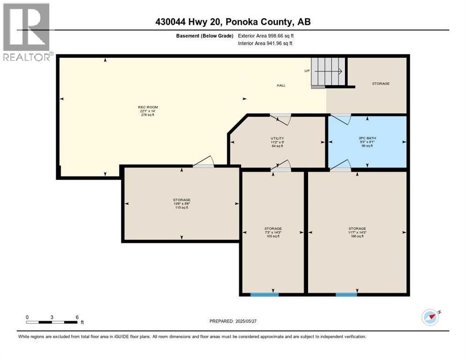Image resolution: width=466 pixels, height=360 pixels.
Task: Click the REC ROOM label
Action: click(x=146, y=107)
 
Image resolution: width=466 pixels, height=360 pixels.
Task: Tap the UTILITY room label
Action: click(x=278, y=138)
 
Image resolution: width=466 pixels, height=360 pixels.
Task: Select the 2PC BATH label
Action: click(x=367, y=138)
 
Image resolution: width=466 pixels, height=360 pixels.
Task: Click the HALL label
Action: click(x=281, y=85)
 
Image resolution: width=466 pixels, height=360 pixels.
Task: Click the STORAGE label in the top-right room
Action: click(x=381, y=83)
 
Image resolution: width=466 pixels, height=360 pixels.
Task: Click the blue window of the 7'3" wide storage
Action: click(x=264, y=294)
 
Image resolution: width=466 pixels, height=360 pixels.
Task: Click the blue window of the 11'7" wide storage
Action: click(x=346, y=294)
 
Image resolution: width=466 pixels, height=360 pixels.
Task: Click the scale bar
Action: click(x=52, y=322)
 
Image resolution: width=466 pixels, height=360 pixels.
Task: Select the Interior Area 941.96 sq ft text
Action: click(x=266, y=43)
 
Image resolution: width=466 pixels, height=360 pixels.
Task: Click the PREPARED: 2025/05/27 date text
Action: click(x=233, y=321)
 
